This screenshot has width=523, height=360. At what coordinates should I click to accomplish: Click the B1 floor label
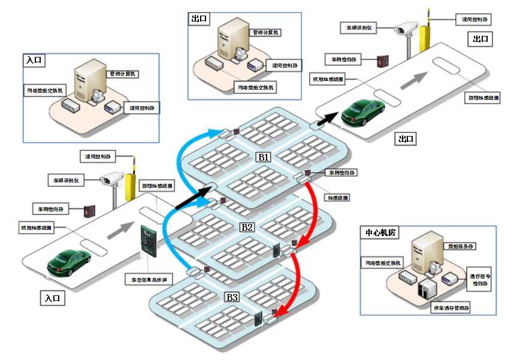point(264,156)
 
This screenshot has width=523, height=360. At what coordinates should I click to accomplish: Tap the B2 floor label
point(247,227)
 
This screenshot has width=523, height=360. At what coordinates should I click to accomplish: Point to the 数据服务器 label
point(462,246)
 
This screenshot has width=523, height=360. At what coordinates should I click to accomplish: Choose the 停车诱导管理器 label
point(449,308)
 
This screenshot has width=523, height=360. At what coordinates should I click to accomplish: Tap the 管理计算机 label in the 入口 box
point(123,74)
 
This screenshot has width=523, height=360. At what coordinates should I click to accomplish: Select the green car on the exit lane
point(363,111)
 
